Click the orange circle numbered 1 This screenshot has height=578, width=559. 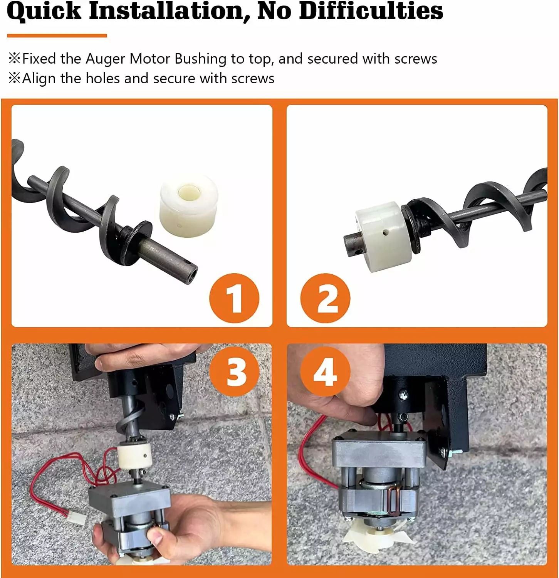(234, 298)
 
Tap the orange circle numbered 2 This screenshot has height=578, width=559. (325, 298)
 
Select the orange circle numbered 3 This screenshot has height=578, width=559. (234, 371)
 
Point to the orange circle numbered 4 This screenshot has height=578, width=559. (325, 371)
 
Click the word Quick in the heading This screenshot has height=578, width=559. (44, 11)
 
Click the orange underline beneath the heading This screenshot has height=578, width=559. (57, 36)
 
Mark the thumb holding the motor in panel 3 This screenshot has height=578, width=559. (159, 535)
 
